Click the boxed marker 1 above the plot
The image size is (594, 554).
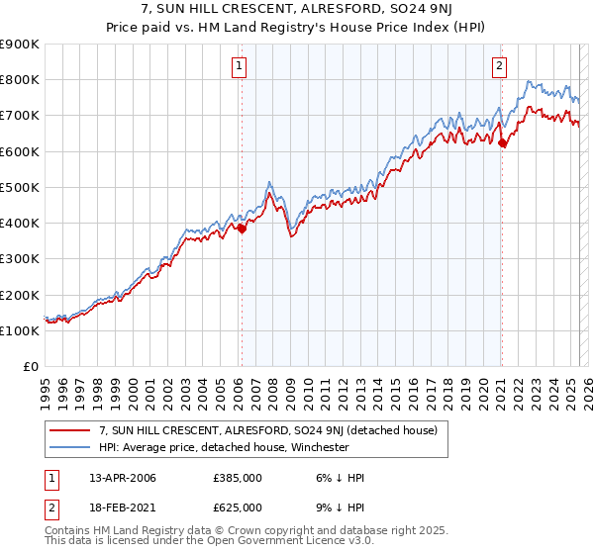point(241,66)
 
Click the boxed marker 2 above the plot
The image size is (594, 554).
point(500,66)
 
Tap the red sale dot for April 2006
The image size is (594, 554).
point(242,228)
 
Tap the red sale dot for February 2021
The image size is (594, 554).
point(502,142)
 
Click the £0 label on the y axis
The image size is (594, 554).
point(31,366)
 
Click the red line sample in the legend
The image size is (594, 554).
point(70,429)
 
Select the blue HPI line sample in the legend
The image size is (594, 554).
point(70,446)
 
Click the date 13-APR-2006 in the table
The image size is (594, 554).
point(122,478)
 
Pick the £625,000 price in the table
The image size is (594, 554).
point(238,507)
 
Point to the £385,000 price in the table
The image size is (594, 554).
point(238,478)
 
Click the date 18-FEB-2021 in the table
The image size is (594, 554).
point(122,507)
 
